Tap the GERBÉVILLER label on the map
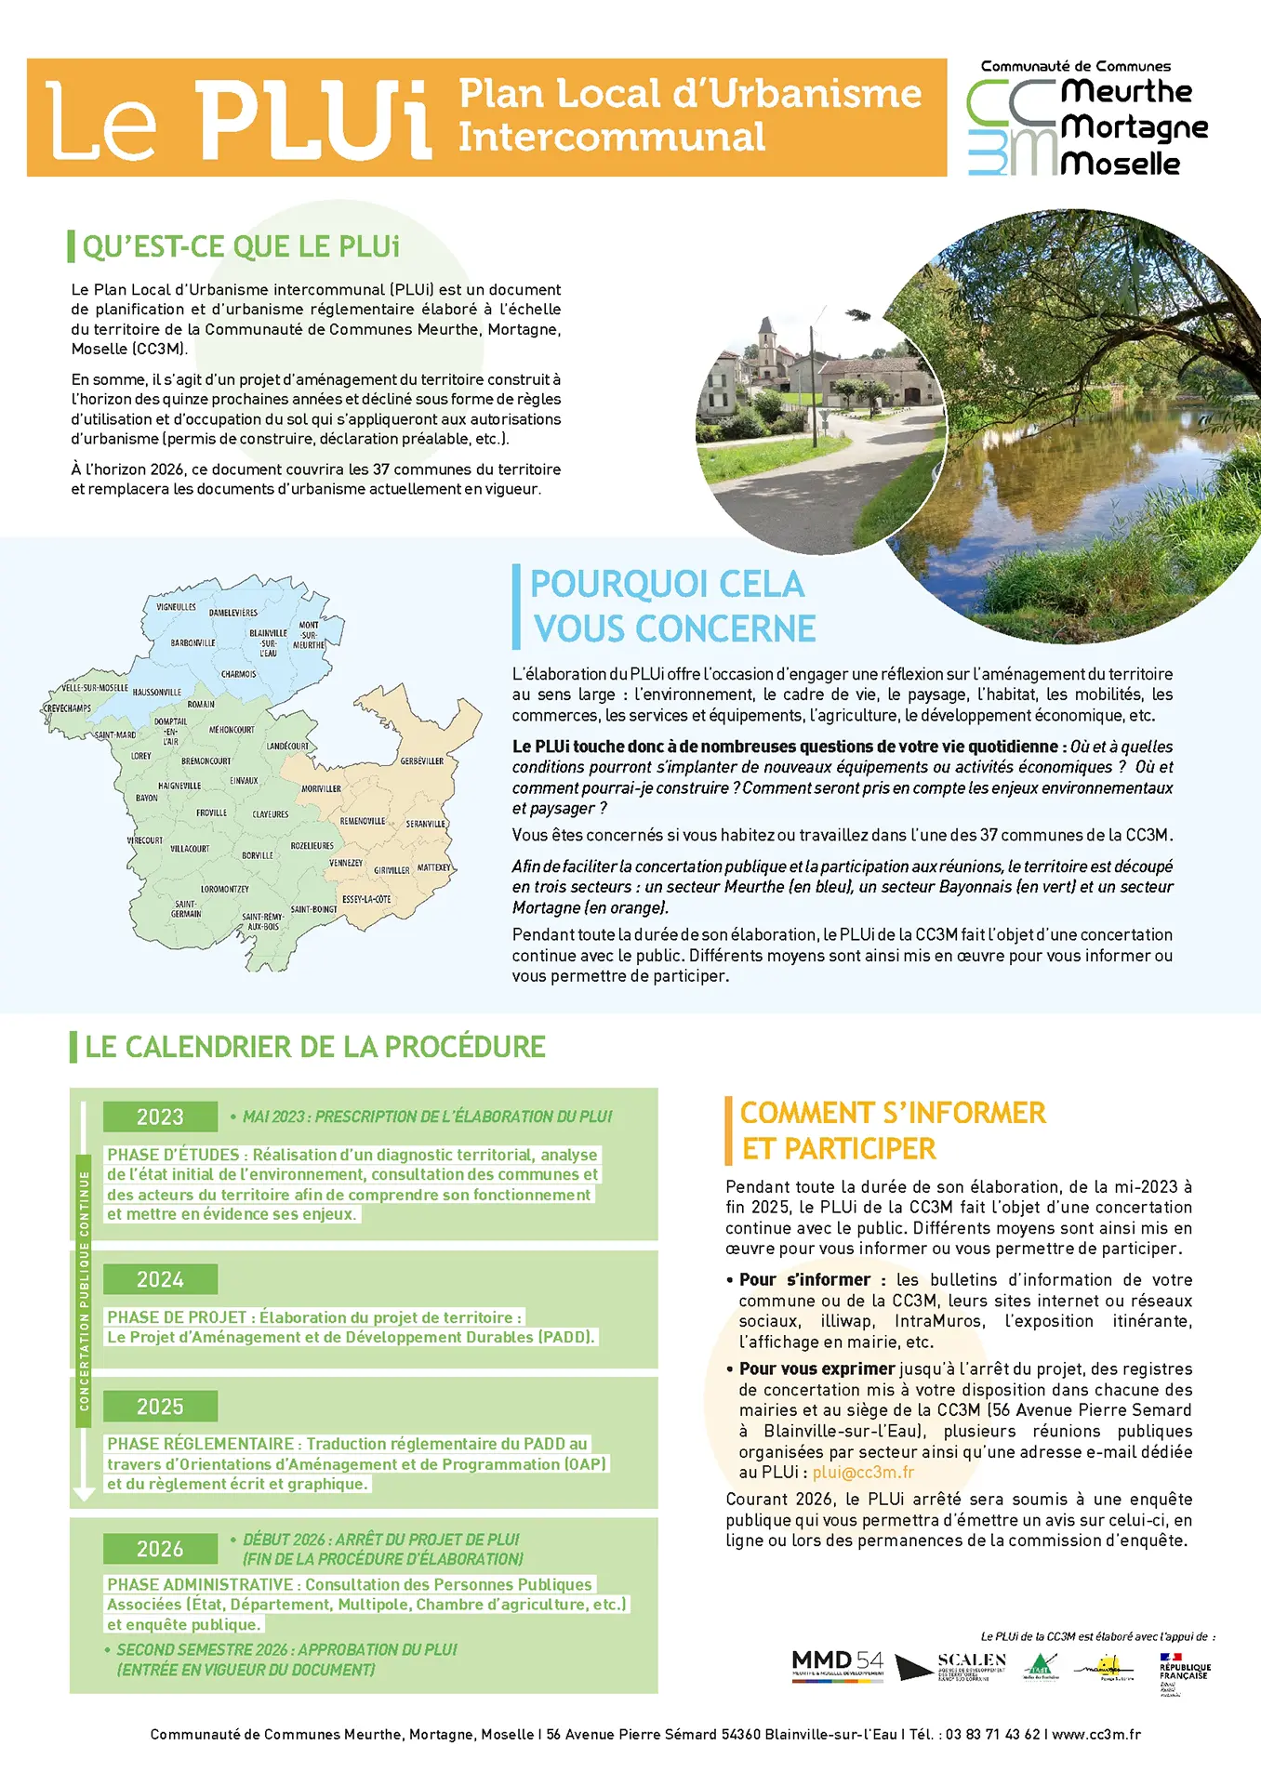point(422,761)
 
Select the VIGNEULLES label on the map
point(176,607)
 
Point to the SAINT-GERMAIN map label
point(186,908)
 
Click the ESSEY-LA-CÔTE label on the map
point(366,899)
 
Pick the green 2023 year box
point(160,1117)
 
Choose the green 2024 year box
point(160,1279)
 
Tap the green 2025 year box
point(160,1406)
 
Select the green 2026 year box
point(160,1549)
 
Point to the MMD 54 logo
point(837,1663)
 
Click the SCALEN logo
point(971,1664)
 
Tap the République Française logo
point(1184,1671)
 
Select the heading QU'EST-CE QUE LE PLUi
point(241,246)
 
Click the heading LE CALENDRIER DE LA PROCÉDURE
point(314,1047)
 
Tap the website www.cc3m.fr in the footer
point(1096,1734)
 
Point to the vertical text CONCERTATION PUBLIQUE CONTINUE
point(84,1290)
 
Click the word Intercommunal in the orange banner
point(611,138)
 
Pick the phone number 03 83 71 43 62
point(992,1734)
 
